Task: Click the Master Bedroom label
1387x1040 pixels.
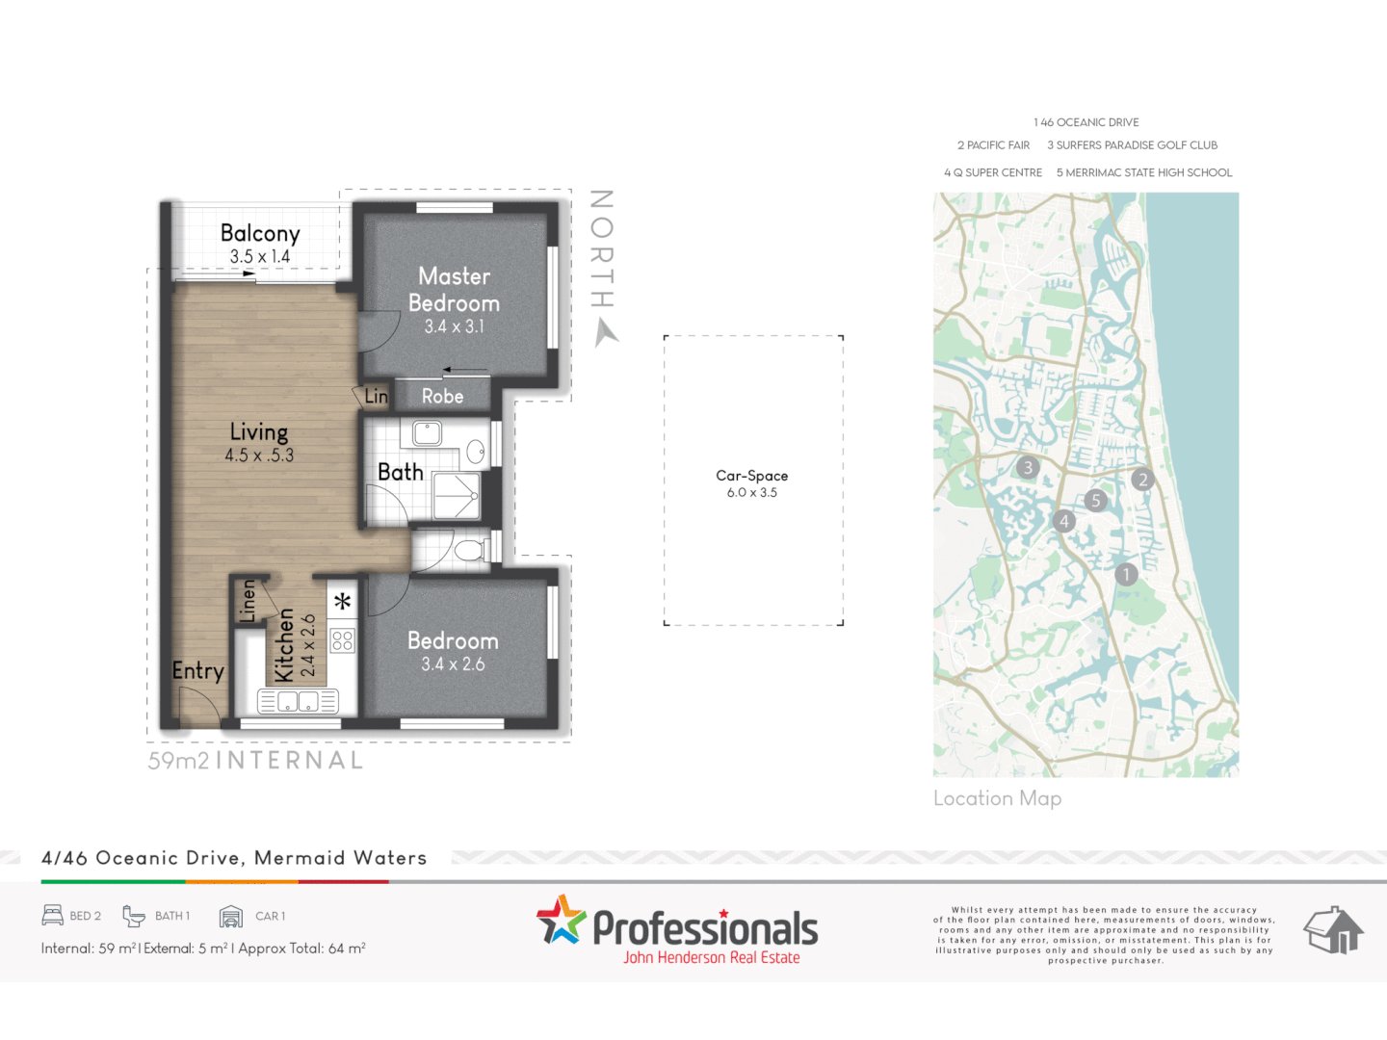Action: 454,290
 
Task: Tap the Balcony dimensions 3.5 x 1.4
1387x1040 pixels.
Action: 260,257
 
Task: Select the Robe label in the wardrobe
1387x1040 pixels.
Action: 442,396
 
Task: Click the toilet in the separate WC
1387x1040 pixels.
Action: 469,551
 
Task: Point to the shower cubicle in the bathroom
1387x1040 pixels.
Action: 457,495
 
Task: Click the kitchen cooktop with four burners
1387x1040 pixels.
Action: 342,640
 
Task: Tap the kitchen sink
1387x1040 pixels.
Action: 298,702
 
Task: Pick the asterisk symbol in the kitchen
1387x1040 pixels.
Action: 342,603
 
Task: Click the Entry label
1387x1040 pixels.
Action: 197,671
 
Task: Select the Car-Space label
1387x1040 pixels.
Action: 752,476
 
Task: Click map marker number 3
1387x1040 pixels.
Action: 1028,468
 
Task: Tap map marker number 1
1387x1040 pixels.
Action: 1126,575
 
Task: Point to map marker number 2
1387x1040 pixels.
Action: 1143,480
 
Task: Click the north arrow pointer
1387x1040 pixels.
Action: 605,333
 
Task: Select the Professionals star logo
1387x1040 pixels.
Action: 562,920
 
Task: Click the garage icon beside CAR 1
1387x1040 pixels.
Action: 231,916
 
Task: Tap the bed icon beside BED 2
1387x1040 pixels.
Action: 53,915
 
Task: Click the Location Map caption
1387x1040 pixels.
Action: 997,798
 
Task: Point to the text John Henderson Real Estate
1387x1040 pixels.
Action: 711,957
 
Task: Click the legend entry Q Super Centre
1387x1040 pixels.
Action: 993,172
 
